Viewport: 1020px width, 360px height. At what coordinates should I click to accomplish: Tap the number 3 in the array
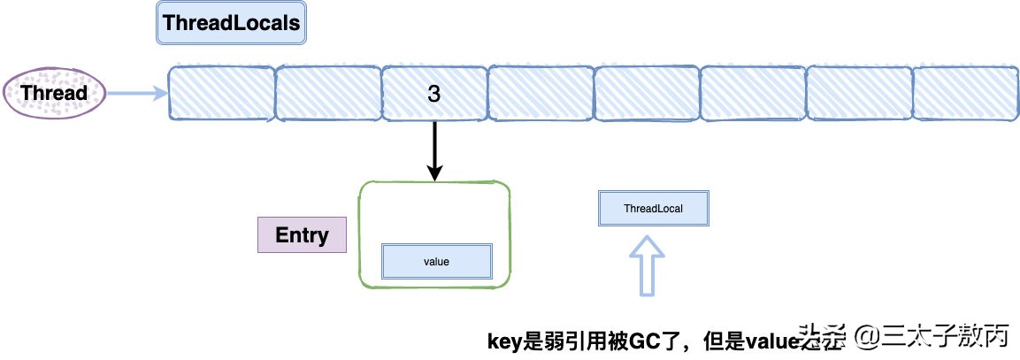(x=433, y=94)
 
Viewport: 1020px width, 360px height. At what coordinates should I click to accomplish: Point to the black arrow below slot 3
(x=434, y=150)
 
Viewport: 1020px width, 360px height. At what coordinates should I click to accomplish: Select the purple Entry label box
(x=302, y=235)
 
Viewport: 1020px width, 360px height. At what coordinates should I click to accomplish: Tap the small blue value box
(x=437, y=262)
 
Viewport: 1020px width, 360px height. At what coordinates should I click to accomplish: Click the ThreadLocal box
(x=653, y=209)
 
